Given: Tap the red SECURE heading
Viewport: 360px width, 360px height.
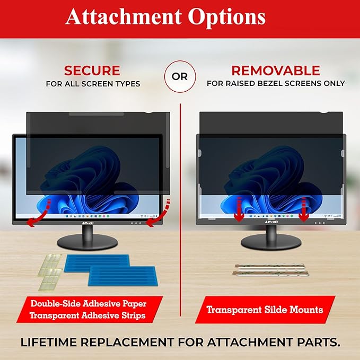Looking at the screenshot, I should click(92, 71).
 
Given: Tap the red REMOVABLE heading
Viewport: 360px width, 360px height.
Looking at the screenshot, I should click(276, 71).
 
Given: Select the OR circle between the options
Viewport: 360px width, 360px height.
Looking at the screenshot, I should click(180, 76).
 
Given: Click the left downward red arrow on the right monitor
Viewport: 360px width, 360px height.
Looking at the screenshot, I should click(239, 207).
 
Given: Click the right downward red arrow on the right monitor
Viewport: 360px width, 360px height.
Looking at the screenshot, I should click(304, 207).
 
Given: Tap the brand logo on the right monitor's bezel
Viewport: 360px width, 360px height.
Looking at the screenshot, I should click(270, 223).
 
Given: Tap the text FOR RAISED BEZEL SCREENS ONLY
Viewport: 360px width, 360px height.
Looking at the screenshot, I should click(276, 84).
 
